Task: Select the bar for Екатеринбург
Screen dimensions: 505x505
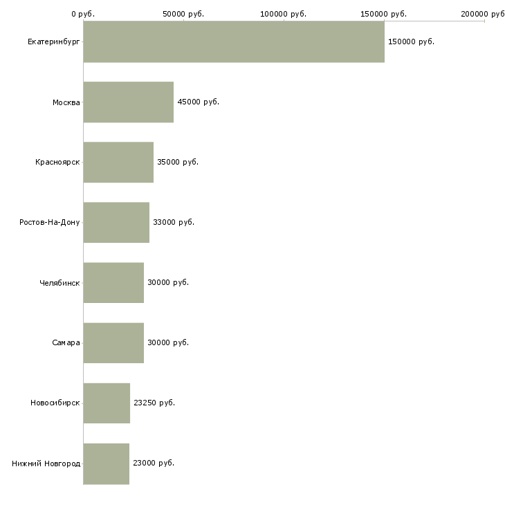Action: (x=234, y=42)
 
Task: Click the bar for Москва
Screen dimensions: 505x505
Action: (x=129, y=102)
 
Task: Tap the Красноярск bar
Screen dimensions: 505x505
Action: (x=118, y=162)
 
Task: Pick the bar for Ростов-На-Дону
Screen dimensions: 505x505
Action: (x=116, y=222)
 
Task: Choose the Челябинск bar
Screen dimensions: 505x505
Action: (x=113, y=282)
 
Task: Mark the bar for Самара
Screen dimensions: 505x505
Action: (x=113, y=342)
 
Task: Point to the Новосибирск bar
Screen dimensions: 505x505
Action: (x=107, y=403)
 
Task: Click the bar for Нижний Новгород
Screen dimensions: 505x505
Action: (x=107, y=463)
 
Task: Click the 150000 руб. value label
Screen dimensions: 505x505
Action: (x=411, y=42)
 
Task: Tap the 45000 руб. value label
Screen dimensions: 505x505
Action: (x=198, y=102)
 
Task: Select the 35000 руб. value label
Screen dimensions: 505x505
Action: (x=177, y=162)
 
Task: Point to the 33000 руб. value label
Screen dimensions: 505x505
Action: (x=173, y=222)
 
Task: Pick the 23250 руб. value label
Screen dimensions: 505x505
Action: (x=154, y=403)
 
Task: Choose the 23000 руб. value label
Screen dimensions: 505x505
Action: (x=153, y=463)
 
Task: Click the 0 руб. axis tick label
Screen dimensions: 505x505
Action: (x=83, y=14)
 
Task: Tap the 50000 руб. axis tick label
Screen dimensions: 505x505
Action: (x=183, y=14)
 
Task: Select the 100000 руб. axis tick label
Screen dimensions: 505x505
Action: (x=284, y=14)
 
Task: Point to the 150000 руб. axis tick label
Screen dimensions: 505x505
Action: (x=384, y=14)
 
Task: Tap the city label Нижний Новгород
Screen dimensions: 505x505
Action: (x=46, y=463)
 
